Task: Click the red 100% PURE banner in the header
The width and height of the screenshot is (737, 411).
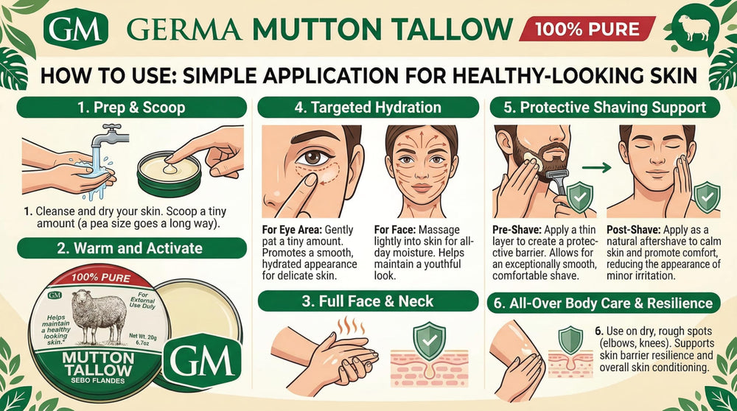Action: [x=587, y=29]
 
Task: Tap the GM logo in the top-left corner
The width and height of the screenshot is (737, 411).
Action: [x=76, y=29]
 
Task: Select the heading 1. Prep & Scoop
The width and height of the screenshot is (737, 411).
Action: [x=132, y=108]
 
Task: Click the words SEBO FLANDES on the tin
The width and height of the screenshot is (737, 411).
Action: [x=98, y=381]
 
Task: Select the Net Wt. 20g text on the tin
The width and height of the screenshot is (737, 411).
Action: [x=143, y=337]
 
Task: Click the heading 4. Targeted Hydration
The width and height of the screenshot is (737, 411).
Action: [x=368, y=108]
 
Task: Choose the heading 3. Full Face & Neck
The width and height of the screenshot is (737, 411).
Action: [x=368, y=301]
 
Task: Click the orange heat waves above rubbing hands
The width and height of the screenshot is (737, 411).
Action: [x=351, y=325]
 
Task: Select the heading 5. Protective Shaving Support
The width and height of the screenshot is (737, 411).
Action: [x=605, y=108]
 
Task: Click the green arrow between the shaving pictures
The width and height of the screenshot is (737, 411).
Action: [x=596, y=166]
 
